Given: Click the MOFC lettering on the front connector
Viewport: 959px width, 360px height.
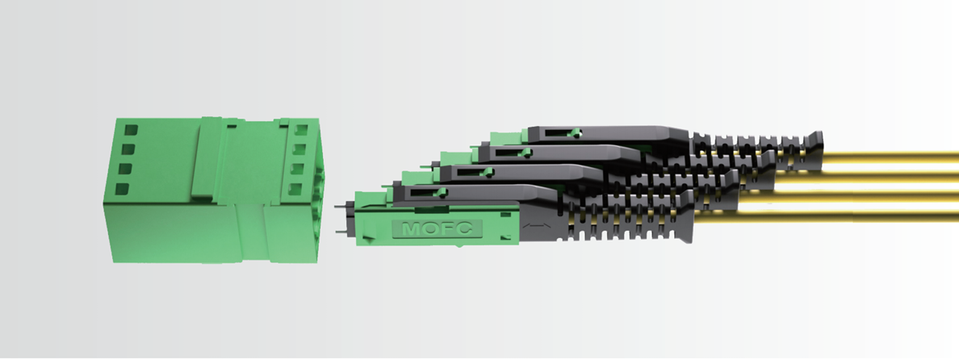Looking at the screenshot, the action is pyautogui.click(x=437, y=228).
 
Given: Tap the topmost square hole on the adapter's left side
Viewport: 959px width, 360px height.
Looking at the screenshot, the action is pyautogui.click(x=131, y=130).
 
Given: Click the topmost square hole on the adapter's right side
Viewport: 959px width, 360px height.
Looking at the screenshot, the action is pyautogui.click(x=301, y=130).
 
